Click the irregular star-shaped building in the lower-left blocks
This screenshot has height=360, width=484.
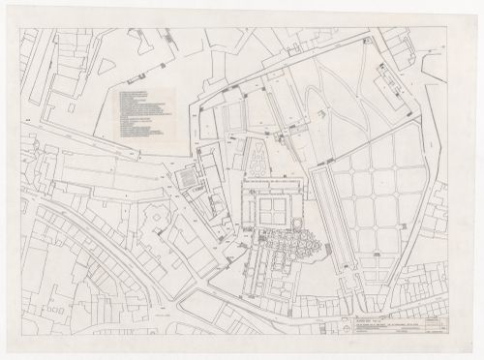154,225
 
